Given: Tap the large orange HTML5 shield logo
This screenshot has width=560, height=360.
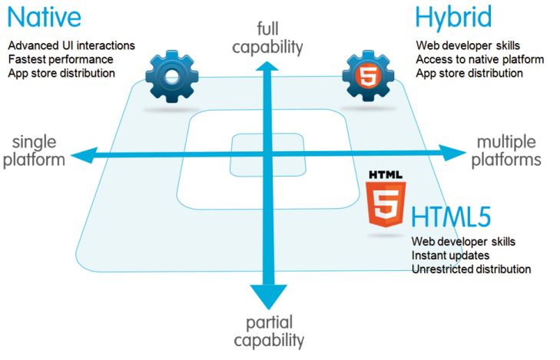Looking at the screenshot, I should coord(386,206).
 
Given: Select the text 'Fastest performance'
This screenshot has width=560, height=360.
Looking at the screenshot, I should coord(61,59).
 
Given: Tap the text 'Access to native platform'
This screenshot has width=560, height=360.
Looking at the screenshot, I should coord(479,59).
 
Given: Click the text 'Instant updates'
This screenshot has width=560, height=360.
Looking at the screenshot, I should coord(450,256).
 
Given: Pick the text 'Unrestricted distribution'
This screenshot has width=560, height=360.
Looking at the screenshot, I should coord(471,269).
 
